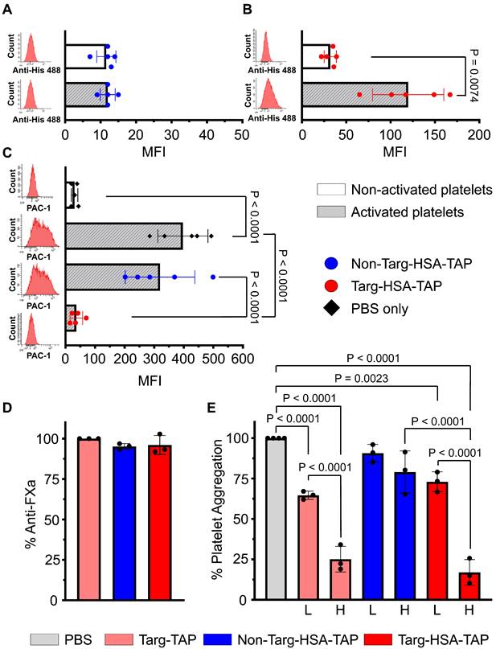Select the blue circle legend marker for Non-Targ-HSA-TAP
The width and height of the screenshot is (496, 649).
click(x=330, y=262)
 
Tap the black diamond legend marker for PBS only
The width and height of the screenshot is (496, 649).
click(x=330, y=309)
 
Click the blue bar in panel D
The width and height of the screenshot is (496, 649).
click(x=123, y=523)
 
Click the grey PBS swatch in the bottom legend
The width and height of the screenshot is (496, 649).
click(x=44, y=639)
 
